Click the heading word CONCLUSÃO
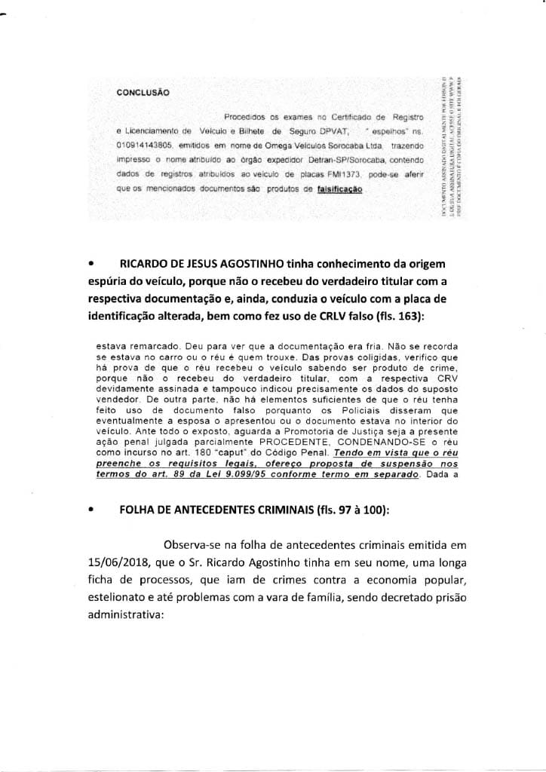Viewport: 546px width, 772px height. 143,93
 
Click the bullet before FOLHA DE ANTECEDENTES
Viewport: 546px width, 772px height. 91,509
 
